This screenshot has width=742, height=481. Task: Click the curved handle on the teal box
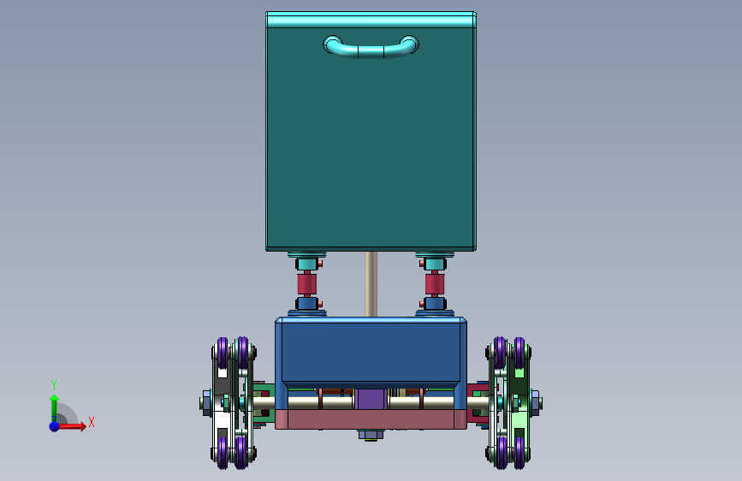371,50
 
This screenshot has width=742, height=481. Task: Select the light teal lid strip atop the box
371,20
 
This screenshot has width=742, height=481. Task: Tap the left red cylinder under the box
306,284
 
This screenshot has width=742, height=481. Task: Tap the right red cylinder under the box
435,284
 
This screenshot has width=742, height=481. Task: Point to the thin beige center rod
371,284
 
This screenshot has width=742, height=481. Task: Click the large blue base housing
371,353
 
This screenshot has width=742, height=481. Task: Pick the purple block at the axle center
371,399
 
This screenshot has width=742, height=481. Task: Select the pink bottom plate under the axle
371,419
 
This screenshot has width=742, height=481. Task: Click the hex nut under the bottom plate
371,435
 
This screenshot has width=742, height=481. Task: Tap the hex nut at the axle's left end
207,403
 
